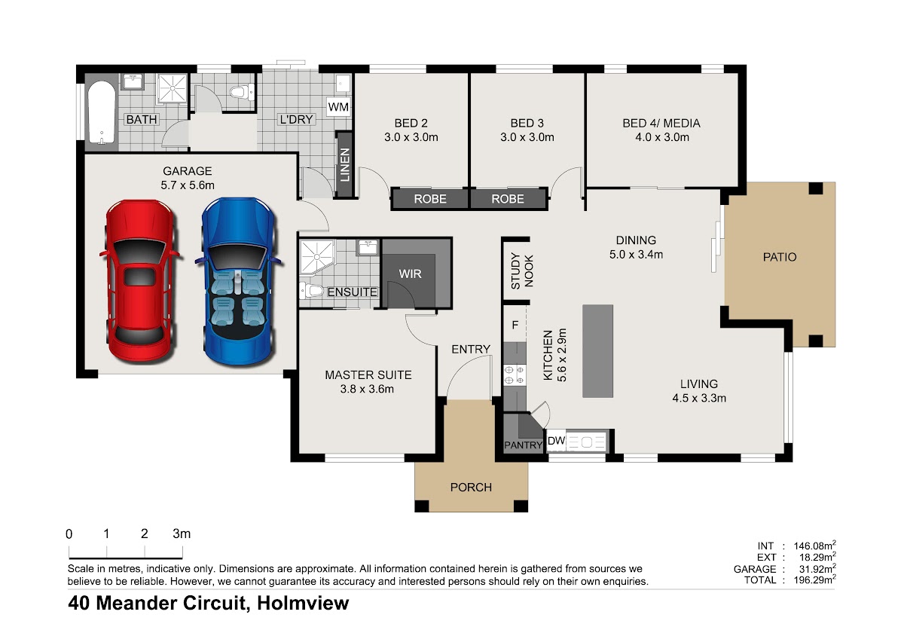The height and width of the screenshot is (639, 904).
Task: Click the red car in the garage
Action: pos(139,281)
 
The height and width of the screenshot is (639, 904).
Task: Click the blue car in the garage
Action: pos(239,281)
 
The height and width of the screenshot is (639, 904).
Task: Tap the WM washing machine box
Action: pos(338,107)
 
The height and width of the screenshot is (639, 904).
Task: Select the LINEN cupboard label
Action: pos(344,165)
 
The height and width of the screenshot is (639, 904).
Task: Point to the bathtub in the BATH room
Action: pos(101,113)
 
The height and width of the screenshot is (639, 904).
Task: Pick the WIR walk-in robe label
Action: pos(410,274)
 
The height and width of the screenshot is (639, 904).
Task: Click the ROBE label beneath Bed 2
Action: pos(430,199)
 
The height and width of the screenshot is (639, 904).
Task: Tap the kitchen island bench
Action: pos(597,351)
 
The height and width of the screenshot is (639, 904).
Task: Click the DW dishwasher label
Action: pos(556,441)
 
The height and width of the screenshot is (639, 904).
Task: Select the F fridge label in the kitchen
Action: pos(515,325)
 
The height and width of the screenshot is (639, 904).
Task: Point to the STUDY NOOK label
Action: pos(522,271)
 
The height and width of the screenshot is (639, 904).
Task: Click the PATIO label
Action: pos(779,257)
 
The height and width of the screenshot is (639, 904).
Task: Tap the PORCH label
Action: pos(471,488)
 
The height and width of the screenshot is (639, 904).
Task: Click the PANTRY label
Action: pos(523,445)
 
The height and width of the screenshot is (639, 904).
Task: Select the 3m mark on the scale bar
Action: pos(182,534)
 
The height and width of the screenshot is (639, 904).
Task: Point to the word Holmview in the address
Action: pos(303,603)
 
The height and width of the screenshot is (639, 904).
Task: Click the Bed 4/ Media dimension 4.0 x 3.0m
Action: pos(662,137)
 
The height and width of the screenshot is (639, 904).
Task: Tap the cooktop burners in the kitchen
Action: pos(515,375)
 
